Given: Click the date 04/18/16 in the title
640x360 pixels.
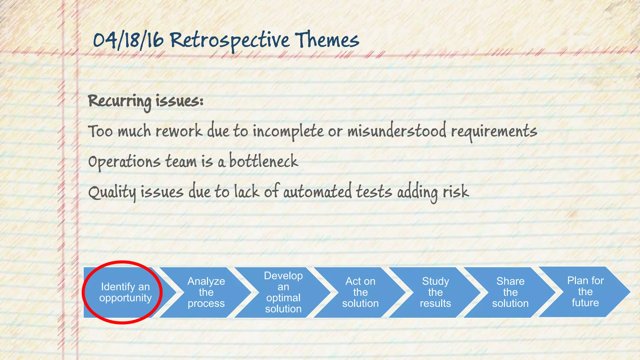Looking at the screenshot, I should (128, 41).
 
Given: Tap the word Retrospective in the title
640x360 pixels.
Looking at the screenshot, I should (230, 41).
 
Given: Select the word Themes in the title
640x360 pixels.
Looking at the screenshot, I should (327, 41).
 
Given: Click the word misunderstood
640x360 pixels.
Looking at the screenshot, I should (397, 131).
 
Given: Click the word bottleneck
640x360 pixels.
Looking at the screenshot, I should (263, 161).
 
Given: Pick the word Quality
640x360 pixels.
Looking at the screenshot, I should (112, 192).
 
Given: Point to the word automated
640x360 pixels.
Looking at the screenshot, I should (317, 192).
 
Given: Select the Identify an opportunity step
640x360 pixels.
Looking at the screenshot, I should (125, 292).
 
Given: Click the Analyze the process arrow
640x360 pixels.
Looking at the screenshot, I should (206, 292).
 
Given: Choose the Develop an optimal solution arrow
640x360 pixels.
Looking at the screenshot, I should (283, 292).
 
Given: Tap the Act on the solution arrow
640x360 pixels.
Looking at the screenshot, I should (360, 292).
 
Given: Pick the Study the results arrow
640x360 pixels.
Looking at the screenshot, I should (435, 292).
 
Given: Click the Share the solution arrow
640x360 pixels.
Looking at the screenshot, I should (510, 292).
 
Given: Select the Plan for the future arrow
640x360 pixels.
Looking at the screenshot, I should (585, 292).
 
